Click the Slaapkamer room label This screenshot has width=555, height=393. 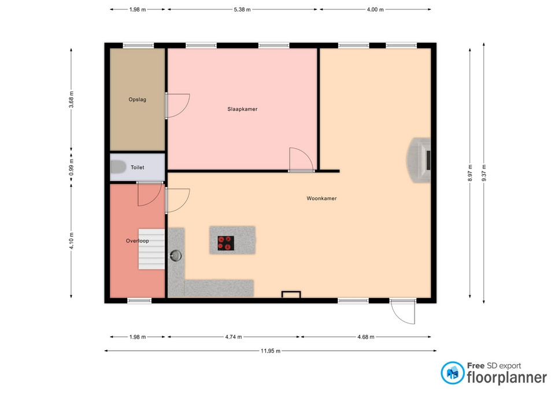[x=242, y=109]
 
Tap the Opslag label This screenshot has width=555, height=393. [x=138, y=100]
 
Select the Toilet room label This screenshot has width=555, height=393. [x=138, y=167]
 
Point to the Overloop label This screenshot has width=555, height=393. [x=138, y=241]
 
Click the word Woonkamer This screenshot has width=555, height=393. [x=321, y=199]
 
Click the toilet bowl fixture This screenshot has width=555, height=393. [x=118, y=167]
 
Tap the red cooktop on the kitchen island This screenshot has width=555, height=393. [x=226, y=244]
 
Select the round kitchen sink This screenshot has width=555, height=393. [x=176, y=255]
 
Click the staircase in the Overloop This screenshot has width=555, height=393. [x=151, y=249]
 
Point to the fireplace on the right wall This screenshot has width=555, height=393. [x=419, y=160]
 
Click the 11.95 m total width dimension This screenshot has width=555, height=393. [x=271, y=351]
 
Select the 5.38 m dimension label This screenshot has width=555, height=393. [x=242, y=10]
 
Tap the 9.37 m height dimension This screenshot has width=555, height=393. [x=484, y=173]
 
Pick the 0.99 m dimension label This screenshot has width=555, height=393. [x=71, y=167]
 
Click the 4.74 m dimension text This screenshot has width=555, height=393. [x=234, y=337]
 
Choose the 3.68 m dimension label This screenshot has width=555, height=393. [x=71, y=100]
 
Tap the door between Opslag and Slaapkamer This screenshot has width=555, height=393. [x=178, y=105]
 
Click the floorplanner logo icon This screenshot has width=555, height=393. [x=452, y=373]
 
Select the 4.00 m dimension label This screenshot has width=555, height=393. [x=375, y=10]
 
